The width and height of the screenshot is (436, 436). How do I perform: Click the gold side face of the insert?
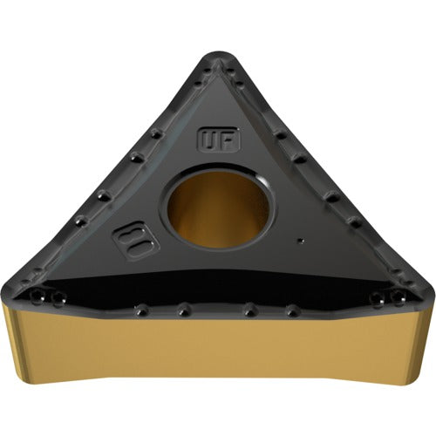tap(218, 358)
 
